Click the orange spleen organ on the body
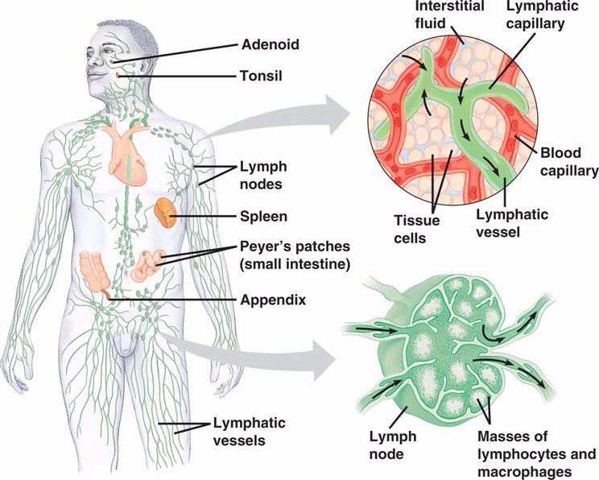click(166, 213)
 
